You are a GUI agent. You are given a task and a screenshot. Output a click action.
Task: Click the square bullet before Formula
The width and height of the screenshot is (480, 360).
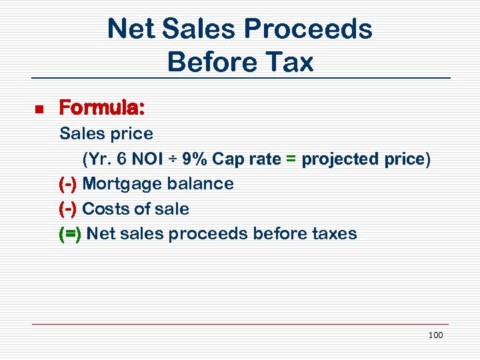38,108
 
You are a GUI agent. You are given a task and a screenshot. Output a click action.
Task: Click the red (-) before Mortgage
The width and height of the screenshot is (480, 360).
68,184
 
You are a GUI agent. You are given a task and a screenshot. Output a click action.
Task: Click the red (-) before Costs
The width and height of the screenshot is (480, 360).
68,209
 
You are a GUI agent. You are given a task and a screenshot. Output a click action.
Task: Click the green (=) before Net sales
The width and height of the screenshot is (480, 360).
70,234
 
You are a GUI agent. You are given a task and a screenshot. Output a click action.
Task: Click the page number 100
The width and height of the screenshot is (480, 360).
435,335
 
